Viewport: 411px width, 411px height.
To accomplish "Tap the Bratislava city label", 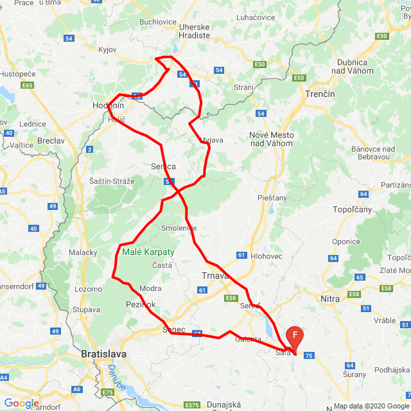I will pyautogui.click(x=104, y=354).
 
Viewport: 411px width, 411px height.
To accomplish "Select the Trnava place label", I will pyautogui.click(x=211, y=277).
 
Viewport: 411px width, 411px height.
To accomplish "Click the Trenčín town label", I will pyautogui.click(x=320, y=94).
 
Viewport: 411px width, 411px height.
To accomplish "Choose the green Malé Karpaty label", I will pyautogui.click(x=148, y=252).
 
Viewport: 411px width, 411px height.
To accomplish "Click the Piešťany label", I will pyautogui.click(x=272, y=198).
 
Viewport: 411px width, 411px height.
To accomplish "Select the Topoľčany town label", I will pyautogui.click(x=352, y=210).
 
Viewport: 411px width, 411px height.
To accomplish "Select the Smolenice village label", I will pyautogui.click(x=179, y=228).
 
